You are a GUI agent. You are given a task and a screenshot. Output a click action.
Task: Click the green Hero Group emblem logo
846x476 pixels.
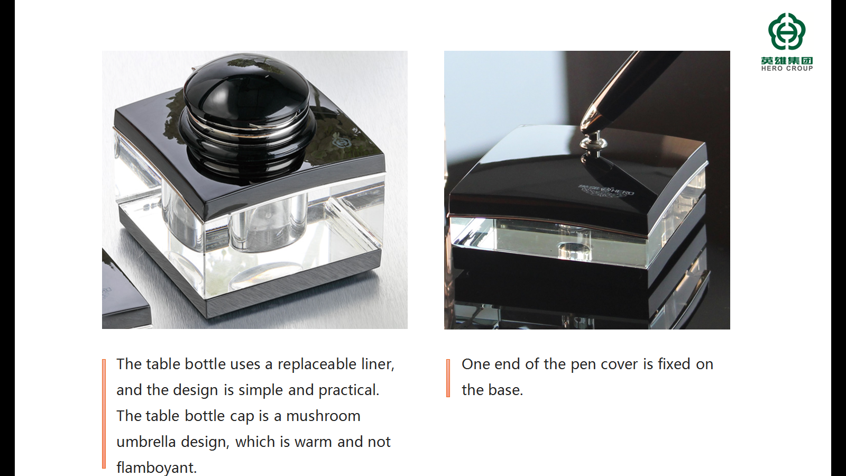(787, 31)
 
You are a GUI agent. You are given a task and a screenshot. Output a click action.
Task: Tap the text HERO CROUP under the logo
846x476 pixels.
(787, 68)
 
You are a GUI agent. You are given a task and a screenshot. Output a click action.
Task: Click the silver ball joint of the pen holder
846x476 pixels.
(593, 142)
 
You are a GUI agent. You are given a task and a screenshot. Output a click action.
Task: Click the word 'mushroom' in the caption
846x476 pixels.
(323, 416)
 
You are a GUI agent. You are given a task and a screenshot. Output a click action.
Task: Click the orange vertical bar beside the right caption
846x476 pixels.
(448, 378)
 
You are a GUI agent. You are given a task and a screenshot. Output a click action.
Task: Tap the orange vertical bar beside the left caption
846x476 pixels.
(104, 414)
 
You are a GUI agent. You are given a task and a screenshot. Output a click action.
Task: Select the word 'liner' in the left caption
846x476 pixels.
(378, 364)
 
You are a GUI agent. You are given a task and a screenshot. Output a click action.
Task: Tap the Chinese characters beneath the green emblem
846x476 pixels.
(787, 60)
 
